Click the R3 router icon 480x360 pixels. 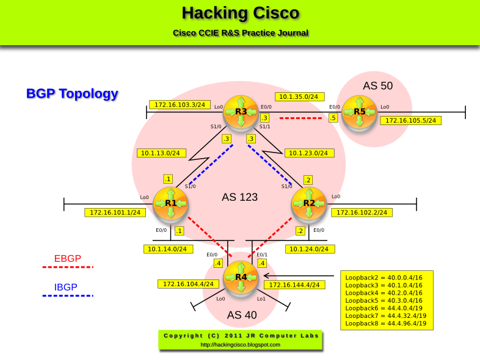tap(241, 112)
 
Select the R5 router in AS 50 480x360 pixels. tap(359, 112)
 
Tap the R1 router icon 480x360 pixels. tap(170, 203)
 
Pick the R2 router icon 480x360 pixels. tap(309, 203)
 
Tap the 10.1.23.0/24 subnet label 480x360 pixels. tap(310, 153)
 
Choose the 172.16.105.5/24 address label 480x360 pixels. tap(411, 120)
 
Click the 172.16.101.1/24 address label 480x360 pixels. tap(115, 212)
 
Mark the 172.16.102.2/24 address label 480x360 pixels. tap(362, 212)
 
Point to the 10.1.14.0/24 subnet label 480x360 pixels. tap(169, 249)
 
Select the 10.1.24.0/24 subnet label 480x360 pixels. tap(310, 249)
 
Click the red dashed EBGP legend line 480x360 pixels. tap(67, 267)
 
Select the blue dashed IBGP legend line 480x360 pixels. tap(67, 296)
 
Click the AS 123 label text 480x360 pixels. tap(239, 197)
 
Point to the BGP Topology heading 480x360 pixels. tap(72, 94)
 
